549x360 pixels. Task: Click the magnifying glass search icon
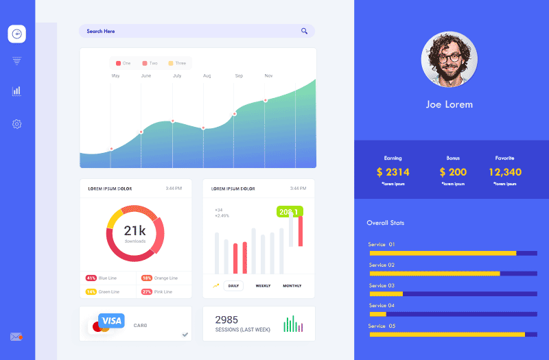(x=304, y=31)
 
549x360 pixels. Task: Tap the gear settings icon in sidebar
(x=16, y=124)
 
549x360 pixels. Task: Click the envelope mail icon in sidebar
(x=16, y=337)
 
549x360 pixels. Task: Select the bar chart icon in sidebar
(x=16, y=91)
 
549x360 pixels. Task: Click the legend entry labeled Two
(x=150, y=63)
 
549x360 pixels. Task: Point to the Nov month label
(x=268, y=76)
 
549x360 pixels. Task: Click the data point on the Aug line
(x=203, y=128)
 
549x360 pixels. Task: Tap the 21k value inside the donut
(x=135, y=231)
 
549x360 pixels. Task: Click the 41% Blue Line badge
(x=91, y=278)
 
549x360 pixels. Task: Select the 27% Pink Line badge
(x=146, y=291)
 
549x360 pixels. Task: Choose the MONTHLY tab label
(x=292, y=285)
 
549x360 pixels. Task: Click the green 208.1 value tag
(x=288, y=212)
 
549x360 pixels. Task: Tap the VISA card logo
(x=111, y=321)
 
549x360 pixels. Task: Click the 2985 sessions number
(x=226, y=320)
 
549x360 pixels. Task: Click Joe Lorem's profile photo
(x=449, y=60)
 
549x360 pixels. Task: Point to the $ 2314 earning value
(x=393, y=172)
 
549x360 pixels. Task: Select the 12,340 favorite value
(x=505, y=172)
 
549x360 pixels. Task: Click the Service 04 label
(x=382, y=305)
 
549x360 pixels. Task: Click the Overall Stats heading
(x=386, y=223)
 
